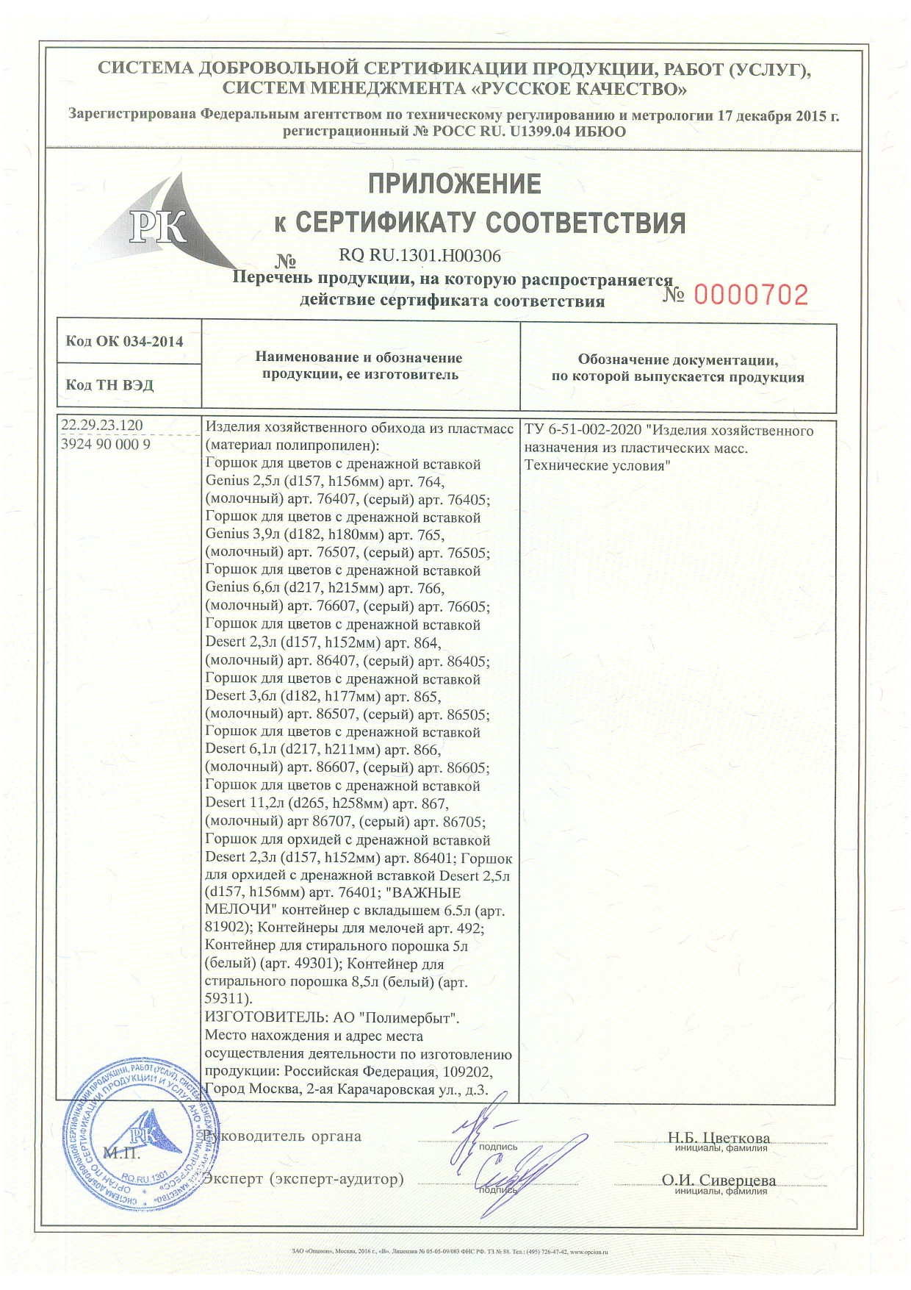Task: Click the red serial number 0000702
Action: (x=751, y=295)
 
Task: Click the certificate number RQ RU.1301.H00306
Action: (x=420, y=257)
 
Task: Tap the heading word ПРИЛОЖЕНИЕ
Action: (x=454, y=183)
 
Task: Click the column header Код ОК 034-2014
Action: (x=124, y=341)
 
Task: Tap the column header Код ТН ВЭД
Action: (x=109, y=385)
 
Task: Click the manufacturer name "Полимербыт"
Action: (x=410, y=1019)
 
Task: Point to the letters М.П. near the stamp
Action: (x=123, y=1153)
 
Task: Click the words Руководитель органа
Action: (x=284, y=1136)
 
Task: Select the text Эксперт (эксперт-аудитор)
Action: (x=304, y=1179)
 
